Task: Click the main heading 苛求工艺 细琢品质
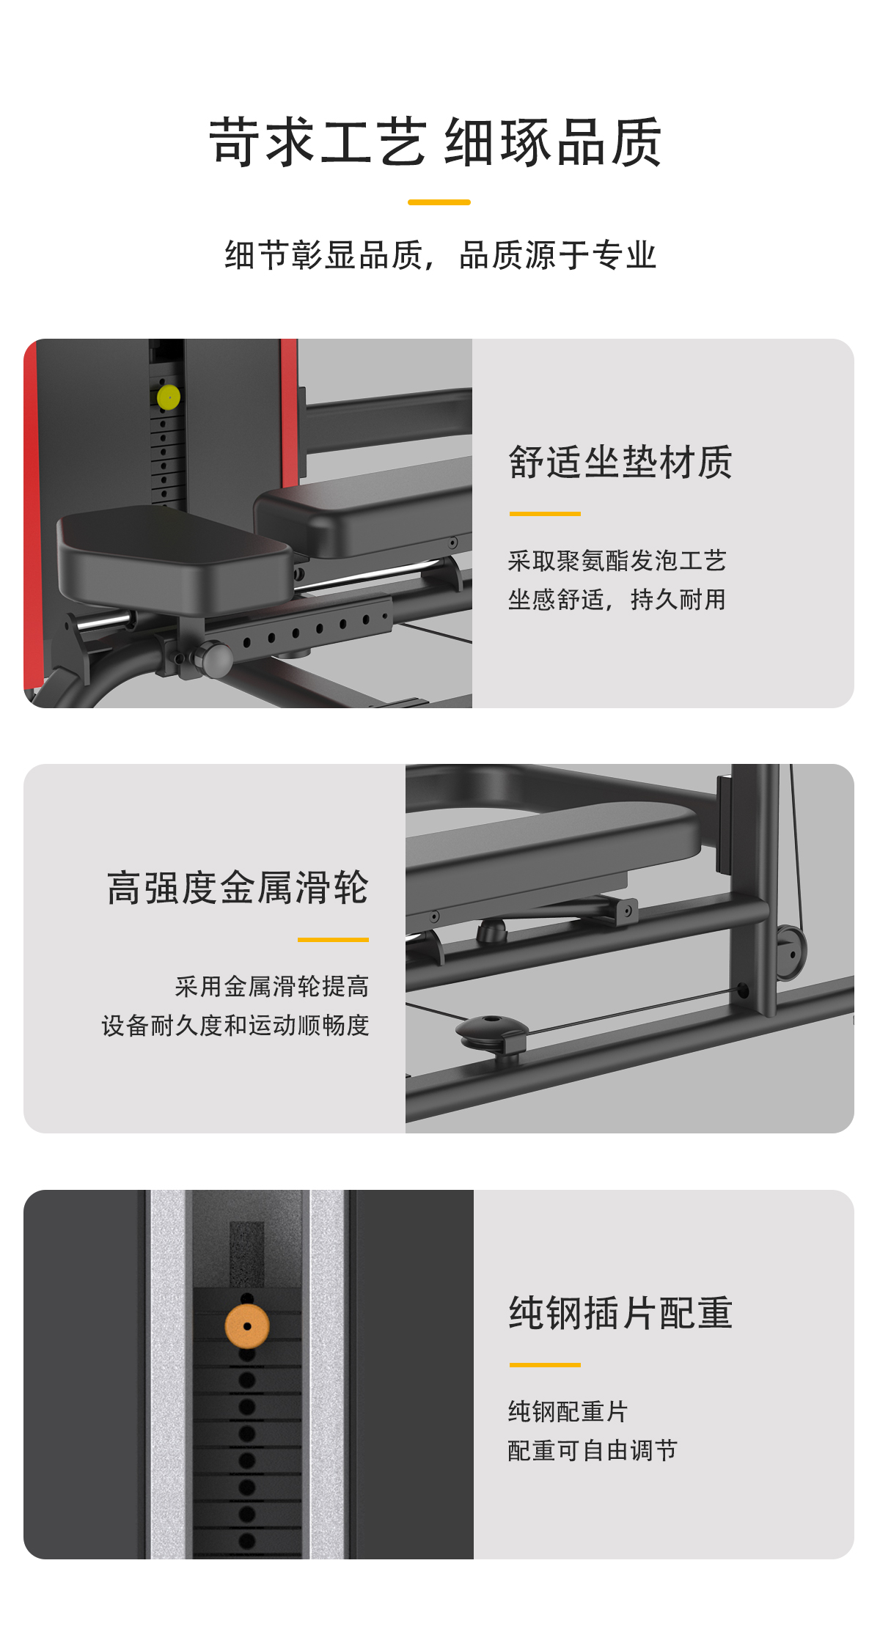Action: coord(436,142)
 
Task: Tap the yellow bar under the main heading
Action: coord(439,202)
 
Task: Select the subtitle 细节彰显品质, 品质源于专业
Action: coord(440,255)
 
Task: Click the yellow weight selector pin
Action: coord(169,397)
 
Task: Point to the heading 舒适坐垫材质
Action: coord(620,463)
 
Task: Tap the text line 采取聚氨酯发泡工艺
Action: coord(617,561)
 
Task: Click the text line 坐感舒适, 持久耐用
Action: coord(617,600)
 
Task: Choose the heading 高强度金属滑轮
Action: coord(238,888)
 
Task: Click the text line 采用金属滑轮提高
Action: coord(272,987)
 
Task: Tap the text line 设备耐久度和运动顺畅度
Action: coord(235,1026)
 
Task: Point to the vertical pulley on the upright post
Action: coord(791,952)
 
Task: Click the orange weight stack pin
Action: coord(247,1326)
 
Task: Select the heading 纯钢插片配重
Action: coord(620,1313)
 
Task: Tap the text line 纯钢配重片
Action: coord(568,1411)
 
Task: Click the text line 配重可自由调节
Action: coord(593,1450)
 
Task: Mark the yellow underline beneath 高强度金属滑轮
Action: coord(333,939)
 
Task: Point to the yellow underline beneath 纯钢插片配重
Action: coord(545,1365)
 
